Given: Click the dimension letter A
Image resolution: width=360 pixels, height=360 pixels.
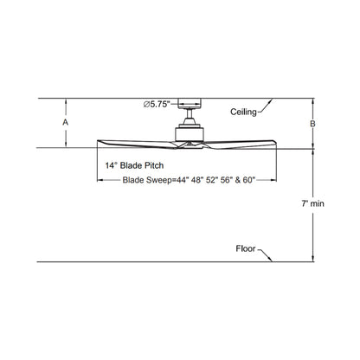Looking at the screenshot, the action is [66, 122].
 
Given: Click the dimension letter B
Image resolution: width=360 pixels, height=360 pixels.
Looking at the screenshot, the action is [312, 124].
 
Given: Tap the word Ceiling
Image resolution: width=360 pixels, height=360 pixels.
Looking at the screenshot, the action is [243, 112].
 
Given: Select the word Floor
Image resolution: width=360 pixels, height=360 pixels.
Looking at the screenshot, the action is [246, 248].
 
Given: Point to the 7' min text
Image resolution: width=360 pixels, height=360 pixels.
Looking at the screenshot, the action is [313, 203].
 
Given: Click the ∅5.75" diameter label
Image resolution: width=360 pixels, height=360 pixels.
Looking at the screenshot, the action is [157, 104].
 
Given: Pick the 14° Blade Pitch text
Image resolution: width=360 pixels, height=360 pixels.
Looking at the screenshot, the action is [134, 165].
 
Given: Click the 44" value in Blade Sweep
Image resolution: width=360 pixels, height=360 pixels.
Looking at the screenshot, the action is [182, 180].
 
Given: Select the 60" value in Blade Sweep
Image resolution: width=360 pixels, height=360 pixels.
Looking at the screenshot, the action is [248, 180].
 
